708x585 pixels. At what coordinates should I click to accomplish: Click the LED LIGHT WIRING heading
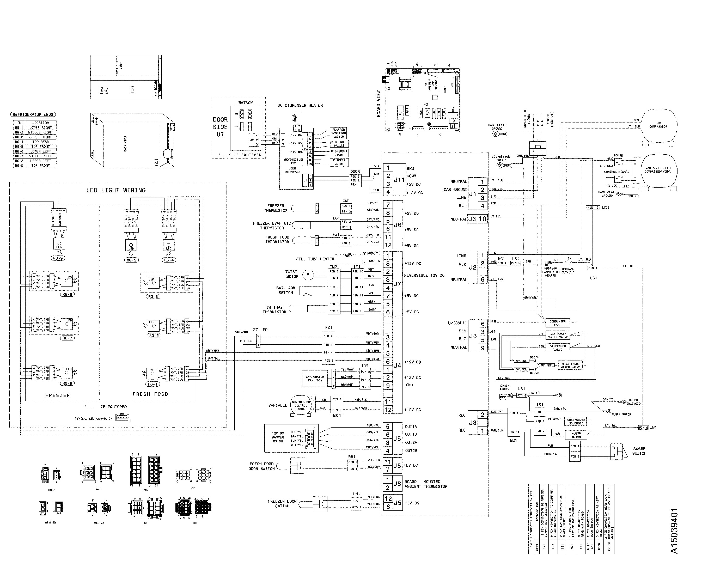pos(116,190)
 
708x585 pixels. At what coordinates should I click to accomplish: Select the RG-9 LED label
pos(58,258)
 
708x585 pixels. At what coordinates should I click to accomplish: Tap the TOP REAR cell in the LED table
pos(40,142)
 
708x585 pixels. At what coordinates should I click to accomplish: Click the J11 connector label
pos(399,180)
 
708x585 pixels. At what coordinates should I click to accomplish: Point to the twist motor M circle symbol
pos(308,275)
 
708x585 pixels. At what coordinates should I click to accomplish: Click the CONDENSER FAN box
pos(557,323)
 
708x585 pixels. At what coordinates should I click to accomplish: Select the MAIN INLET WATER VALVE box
pos(571,365)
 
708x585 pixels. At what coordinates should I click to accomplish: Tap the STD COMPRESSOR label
pos(658,125)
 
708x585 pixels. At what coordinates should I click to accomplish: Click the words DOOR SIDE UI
pos(220,127)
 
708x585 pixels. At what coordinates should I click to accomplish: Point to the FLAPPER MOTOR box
pos(339,162)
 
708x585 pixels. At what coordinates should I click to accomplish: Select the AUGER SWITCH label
pos(639,451)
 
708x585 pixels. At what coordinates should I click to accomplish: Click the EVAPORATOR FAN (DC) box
pos(315,379)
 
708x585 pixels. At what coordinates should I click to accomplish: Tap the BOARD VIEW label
pos(379,103)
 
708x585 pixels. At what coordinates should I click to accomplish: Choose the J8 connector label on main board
pos(397,484)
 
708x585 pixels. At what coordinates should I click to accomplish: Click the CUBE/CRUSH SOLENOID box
pos(576,422)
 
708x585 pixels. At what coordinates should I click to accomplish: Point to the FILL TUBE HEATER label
pos(315,259)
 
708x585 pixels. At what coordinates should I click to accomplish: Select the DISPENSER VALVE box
pos(558,348)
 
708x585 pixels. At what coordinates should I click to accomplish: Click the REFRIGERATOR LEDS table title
pos(33,114)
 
